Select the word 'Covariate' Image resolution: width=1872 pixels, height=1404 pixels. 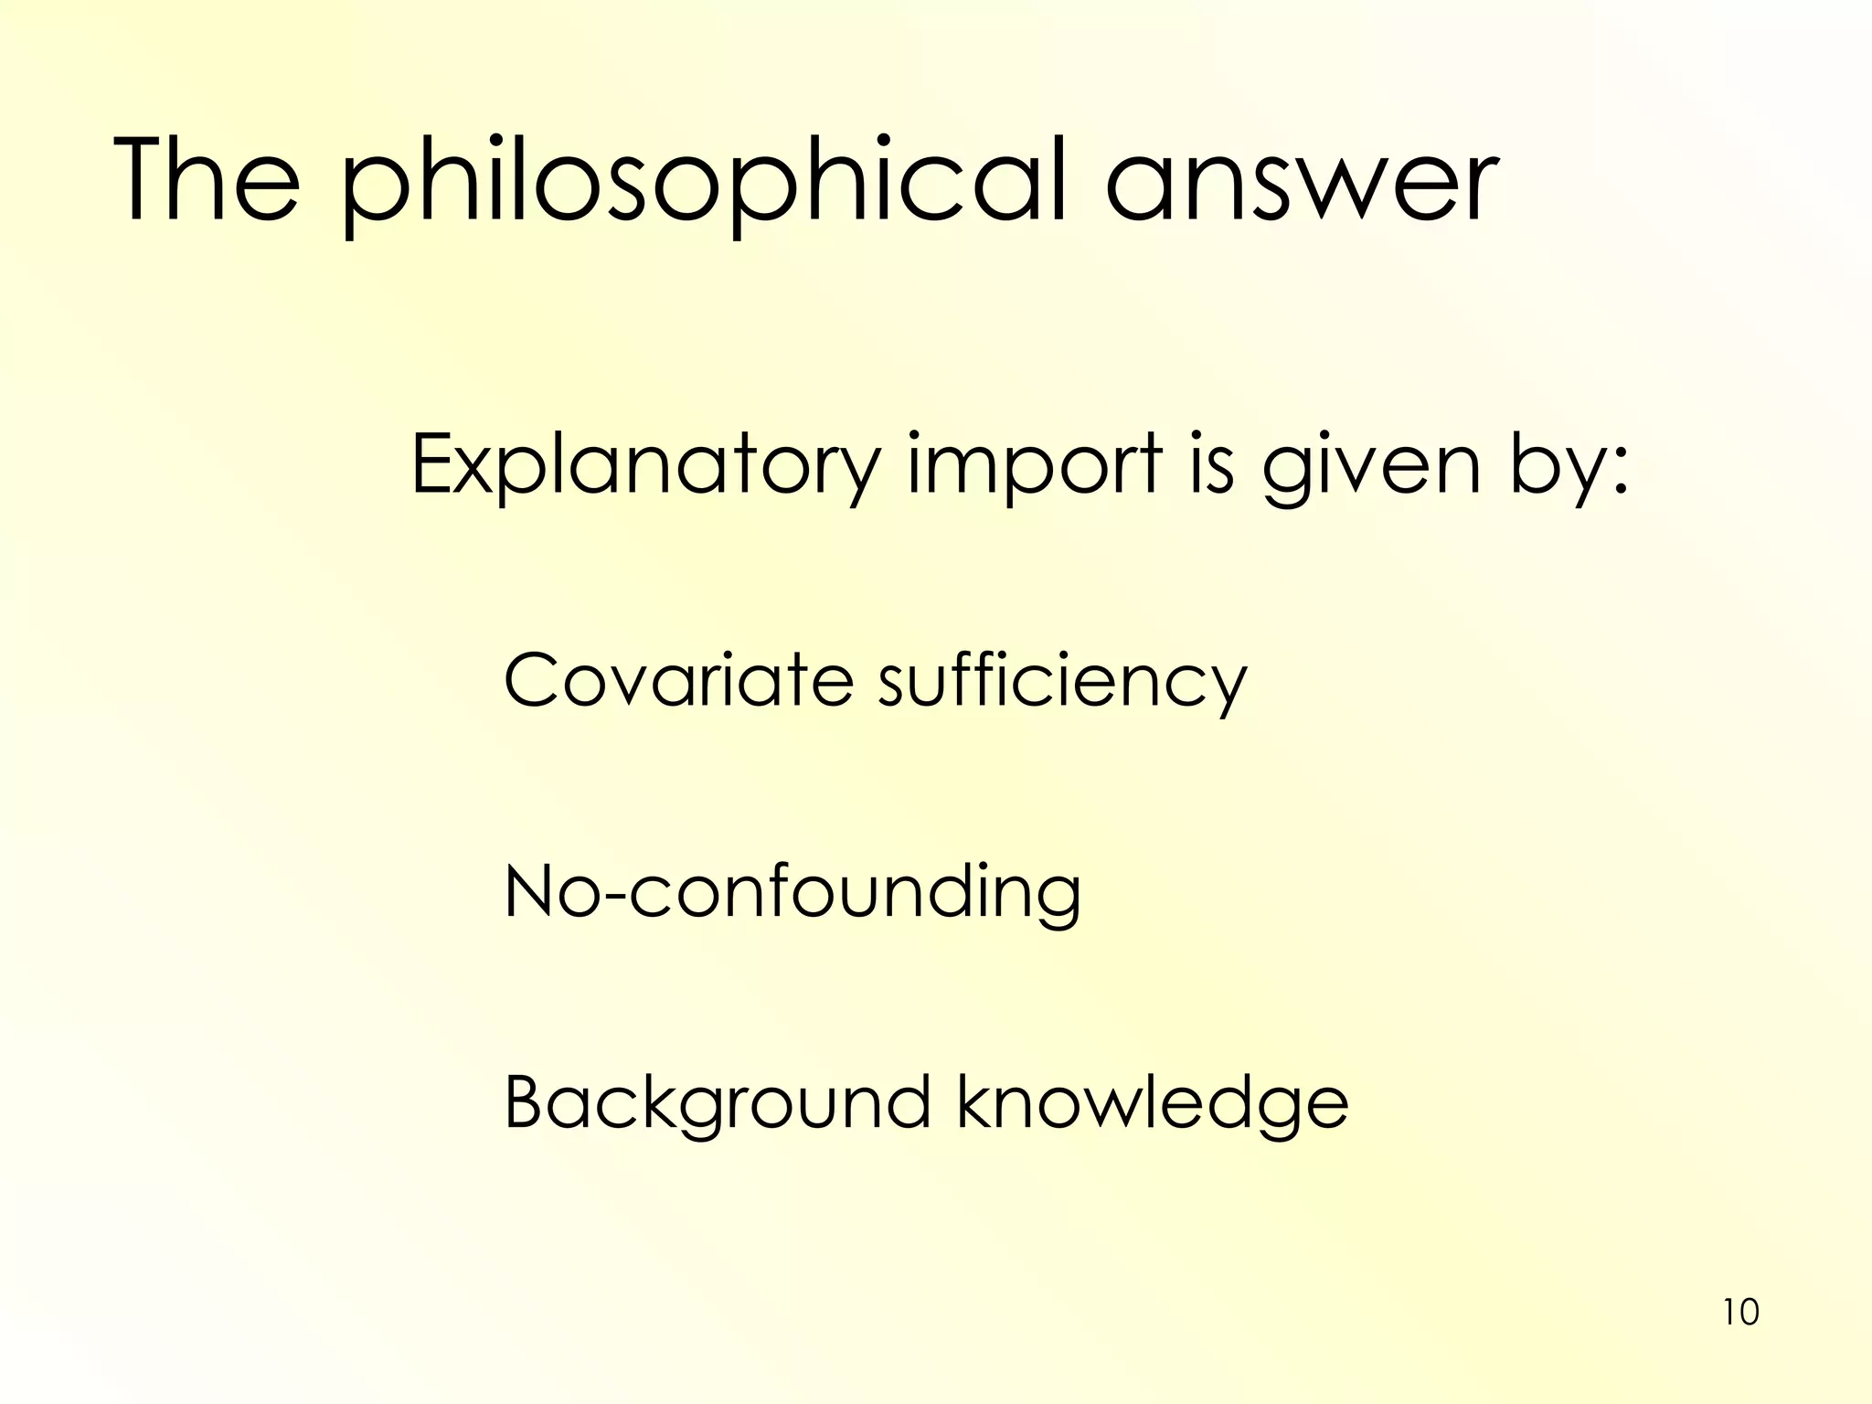tap(678, 680)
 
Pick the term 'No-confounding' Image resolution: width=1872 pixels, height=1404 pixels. tap(792, 892)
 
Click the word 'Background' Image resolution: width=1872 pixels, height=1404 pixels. tap(717, 1104)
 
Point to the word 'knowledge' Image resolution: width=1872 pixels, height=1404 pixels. tap(1152, 1104)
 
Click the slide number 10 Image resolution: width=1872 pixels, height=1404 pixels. tap(1740, 1313)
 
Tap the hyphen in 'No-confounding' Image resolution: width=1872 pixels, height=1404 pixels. tap(614, 898)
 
